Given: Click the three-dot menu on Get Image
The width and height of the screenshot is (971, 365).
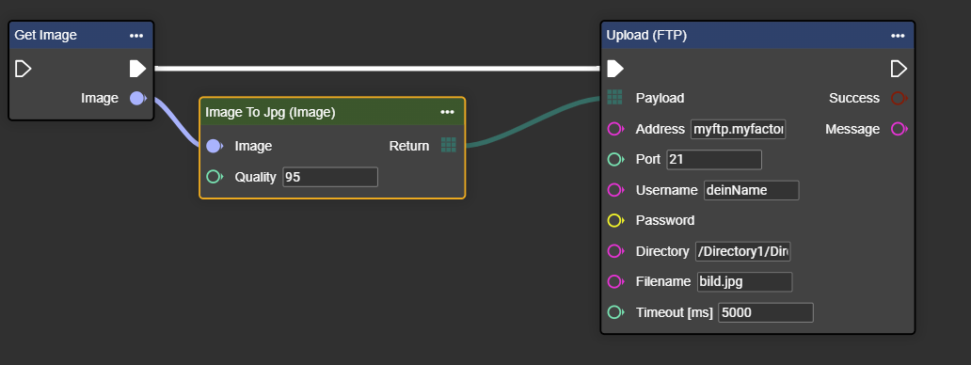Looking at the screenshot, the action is coord(136,36).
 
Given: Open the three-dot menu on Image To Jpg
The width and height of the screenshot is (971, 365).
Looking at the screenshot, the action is coord(447,112).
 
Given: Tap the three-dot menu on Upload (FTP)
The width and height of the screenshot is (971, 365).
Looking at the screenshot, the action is coord(898,36).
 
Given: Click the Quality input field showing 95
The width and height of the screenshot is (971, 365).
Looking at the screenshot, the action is coord(330,177).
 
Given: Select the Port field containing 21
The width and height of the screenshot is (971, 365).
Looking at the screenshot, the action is coord(714,159).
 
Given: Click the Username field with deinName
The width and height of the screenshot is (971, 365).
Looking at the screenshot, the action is coord(751,190).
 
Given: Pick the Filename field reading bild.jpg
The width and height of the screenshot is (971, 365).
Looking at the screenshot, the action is coord(744,281).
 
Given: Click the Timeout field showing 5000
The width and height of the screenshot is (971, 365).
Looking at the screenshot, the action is coord(765,312).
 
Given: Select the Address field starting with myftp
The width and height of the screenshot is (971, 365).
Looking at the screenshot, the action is coord(739,129).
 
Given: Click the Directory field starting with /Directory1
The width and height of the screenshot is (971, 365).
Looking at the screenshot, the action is coord(742,251).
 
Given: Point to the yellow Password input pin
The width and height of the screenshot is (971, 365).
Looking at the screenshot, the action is coord(615,220).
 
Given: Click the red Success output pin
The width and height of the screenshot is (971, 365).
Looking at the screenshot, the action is coord(899,98).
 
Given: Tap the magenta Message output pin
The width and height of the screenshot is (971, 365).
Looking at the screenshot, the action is coord(899,129).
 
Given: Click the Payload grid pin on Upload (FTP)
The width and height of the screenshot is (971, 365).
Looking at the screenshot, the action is coord(614,97).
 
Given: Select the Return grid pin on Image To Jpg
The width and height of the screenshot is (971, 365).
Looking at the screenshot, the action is coord(449,145).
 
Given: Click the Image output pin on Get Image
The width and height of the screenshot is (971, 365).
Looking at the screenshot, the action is coord(137,98).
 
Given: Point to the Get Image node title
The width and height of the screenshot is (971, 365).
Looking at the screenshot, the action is coord(46,35).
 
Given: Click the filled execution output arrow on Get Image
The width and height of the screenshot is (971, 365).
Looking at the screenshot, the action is coord(137,68).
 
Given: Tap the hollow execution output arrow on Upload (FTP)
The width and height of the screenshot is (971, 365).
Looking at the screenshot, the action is coord(899,68).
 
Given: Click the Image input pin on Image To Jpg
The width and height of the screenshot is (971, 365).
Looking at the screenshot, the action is coord(214,146).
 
